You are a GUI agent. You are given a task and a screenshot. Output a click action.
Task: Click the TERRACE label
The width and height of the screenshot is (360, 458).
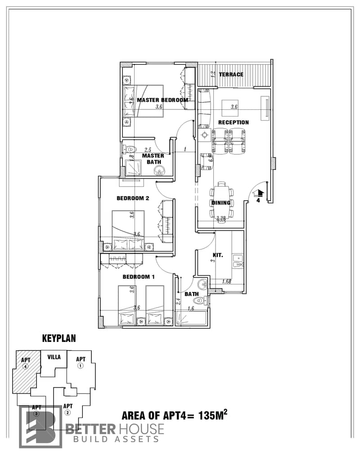[x=231, y=75]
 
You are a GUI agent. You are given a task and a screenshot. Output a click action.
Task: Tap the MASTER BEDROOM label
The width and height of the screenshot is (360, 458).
[x=162, y=100]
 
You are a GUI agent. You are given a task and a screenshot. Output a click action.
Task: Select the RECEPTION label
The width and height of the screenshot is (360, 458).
[x=234, y=122]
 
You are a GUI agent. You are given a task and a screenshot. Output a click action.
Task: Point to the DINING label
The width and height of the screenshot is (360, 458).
[x=221, y=203]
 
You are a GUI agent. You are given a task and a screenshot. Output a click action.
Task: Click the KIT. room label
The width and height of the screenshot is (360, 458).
[x=218, y=255]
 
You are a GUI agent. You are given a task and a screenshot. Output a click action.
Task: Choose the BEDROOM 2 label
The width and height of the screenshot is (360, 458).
[x=133, y=198]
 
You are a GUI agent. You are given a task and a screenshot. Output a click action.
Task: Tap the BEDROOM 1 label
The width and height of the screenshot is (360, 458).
[x=139, y=277]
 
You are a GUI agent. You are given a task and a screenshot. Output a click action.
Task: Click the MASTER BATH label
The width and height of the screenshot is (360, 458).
[x=153, y=159]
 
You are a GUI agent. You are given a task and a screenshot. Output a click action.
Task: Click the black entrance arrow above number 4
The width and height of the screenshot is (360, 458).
[x=259, y=193]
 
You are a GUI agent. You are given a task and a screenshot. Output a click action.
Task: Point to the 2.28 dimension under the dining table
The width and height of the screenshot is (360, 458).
[x=221, y=218]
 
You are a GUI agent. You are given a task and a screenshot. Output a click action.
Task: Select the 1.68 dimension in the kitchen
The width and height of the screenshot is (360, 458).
[x=227, y=282]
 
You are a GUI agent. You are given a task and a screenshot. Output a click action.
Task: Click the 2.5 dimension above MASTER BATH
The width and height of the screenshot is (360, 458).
[x=148, y=150]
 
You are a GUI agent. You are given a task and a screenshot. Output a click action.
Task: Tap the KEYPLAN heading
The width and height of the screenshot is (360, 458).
[x=59, y=338]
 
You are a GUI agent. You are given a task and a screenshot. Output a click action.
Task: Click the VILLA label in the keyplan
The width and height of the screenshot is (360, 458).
[x=54, y=357]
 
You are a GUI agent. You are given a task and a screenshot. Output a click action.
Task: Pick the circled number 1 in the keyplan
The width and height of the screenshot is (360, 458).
[x=81, y=365]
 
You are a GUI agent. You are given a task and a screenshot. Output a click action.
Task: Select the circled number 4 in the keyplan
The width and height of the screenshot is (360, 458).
[x=25, y=367]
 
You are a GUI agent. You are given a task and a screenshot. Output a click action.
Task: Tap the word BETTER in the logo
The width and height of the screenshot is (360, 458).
[x=90, y=429]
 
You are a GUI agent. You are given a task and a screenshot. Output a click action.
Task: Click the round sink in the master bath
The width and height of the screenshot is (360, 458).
[x=159, y=171]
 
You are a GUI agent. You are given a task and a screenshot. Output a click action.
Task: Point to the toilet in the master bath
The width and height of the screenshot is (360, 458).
[x=129, y=149]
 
